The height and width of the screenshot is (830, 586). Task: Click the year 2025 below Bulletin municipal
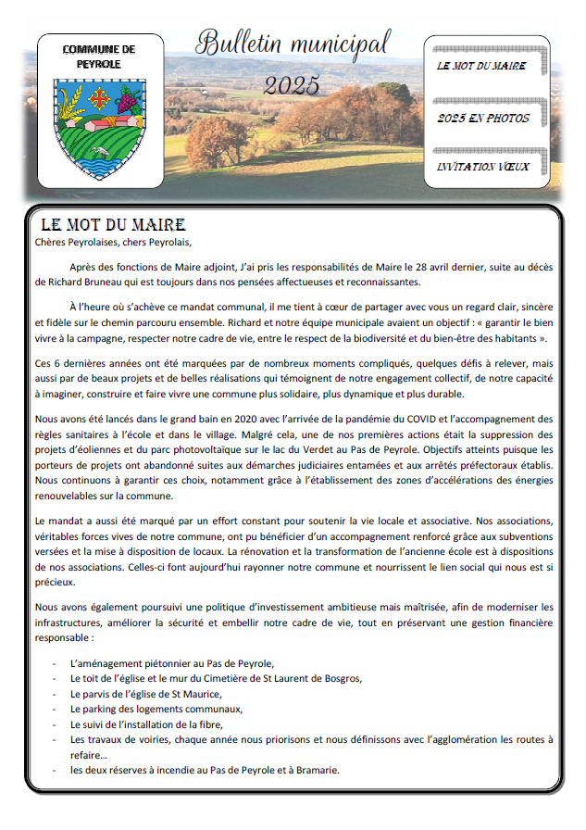(x=291, y=85)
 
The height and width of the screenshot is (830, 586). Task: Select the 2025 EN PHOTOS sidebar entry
(x=483, y=119)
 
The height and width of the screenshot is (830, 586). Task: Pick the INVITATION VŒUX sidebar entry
(x=482, y=167)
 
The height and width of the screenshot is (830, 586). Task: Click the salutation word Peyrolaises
(x=102, y=244)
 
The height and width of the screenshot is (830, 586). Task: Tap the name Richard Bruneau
(x=78, y=282)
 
